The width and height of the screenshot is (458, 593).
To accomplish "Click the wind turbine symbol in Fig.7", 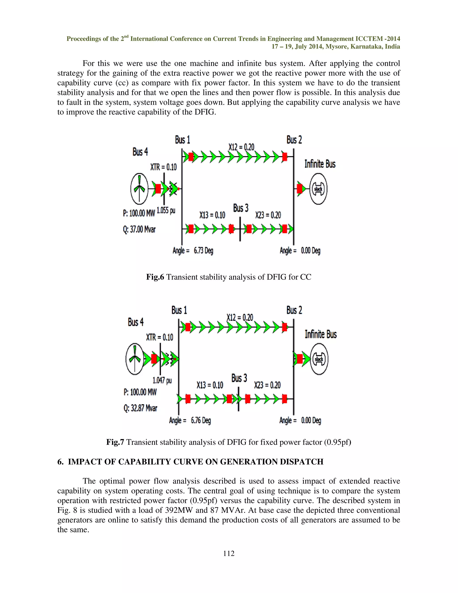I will tap(135, 359).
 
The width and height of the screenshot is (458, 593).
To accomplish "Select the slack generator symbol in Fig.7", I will tap(319, 359).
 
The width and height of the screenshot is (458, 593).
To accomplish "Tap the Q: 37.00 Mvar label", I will tap(139, 229).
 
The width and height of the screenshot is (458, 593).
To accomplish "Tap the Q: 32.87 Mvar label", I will tap(140, 408).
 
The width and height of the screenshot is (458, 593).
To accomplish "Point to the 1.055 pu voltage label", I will tap(166, 210).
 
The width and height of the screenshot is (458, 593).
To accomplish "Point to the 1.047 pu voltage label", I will tap(162, 380).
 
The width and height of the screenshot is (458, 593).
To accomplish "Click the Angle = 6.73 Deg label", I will tap(193, 250).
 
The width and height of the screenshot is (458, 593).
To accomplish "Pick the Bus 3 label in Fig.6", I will tap(241, 208).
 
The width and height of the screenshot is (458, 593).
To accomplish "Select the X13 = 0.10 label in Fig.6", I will tap(212, 215).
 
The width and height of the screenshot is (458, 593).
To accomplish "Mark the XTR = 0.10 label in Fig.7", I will tap(159, 337).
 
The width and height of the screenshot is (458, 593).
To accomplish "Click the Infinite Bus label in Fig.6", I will tap(320, 164).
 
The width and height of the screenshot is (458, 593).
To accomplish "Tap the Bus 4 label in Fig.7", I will tap(136, 322).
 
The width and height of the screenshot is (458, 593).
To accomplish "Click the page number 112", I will tap(229, 553).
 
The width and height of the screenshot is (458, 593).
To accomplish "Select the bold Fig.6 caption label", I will tap(155, 277).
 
